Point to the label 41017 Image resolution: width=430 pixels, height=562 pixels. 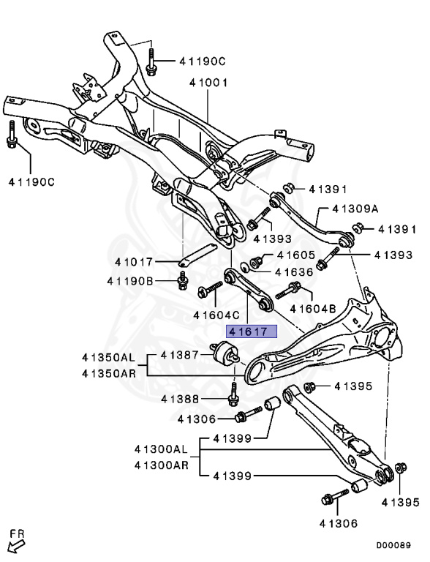click(135, 261)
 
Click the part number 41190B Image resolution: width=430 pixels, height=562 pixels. click(130, 280)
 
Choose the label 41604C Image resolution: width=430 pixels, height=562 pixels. click(217, 315)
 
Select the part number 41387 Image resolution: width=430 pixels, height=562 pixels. click(180, 355)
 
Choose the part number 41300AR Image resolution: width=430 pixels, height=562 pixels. click(159, 465)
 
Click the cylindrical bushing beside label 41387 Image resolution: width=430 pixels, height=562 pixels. click(225, 356)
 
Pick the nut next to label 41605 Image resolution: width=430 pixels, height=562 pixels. click(257, 261)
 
